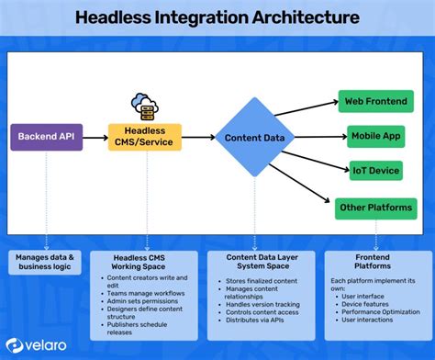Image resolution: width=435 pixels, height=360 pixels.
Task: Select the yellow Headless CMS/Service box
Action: tap(145, 139)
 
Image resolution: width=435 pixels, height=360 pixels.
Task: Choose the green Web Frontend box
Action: tap(375, 101)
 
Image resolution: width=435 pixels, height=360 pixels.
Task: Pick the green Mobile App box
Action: tap(375, 136)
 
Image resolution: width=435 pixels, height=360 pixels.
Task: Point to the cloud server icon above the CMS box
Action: tap(144, 105)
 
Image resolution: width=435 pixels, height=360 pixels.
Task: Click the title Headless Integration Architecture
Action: tap(217, 17)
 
